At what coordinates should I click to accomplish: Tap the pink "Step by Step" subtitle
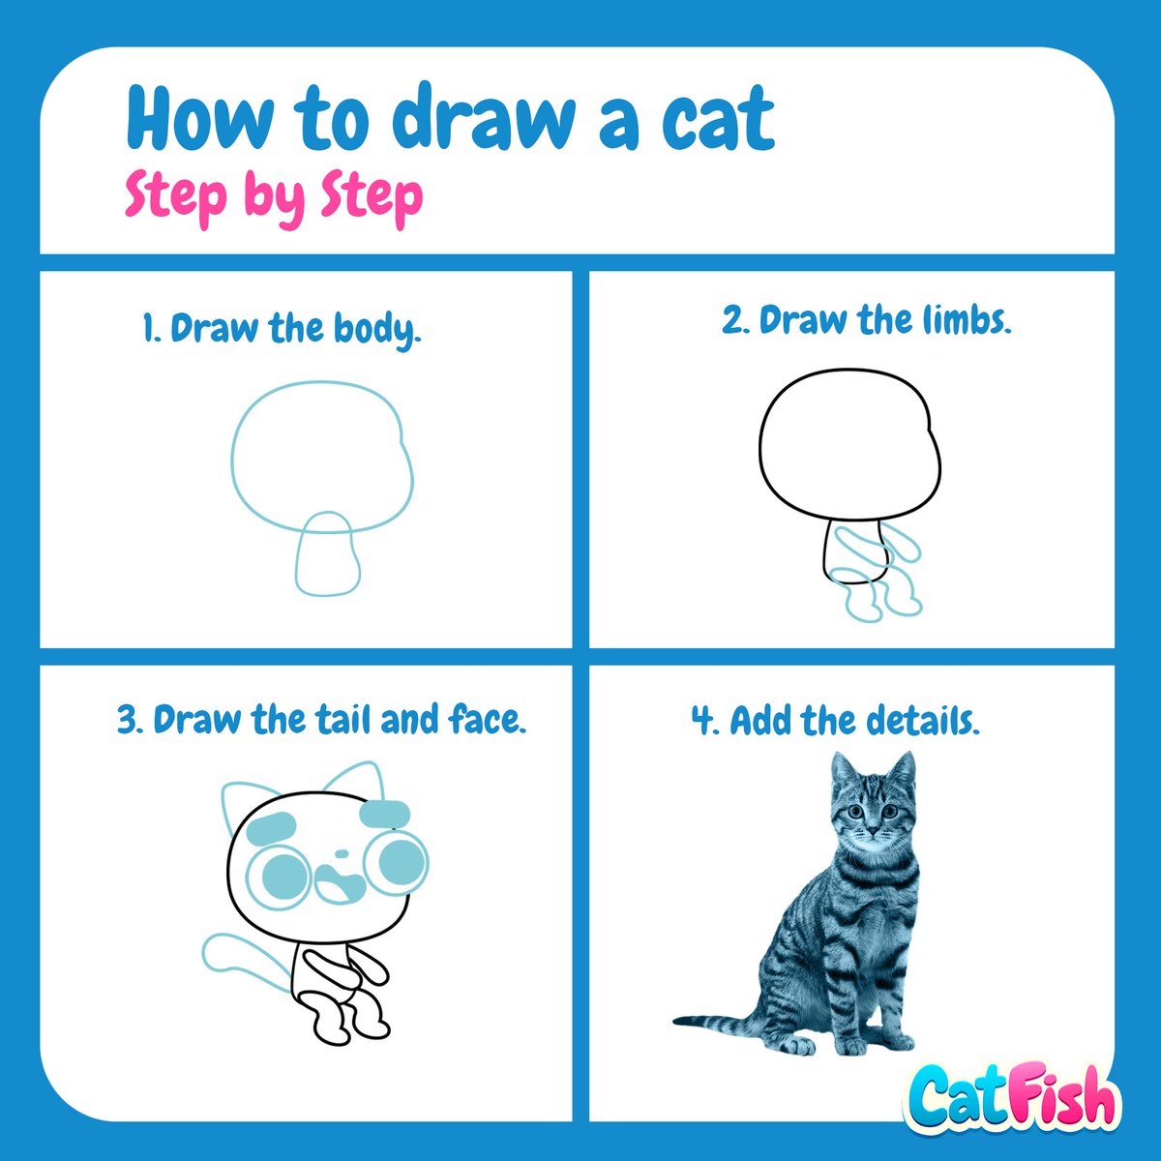point(274,196)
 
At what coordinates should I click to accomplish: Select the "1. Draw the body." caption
point(282,329)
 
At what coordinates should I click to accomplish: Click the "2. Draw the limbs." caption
point(866,320)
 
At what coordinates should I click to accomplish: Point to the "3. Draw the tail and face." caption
point(321,721)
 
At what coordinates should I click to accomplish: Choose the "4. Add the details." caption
point(835,721)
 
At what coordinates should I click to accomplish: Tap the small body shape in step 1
point(327,554)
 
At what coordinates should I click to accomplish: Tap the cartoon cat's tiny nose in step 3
point(341,853)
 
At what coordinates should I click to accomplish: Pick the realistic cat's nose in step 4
point(874,831)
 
